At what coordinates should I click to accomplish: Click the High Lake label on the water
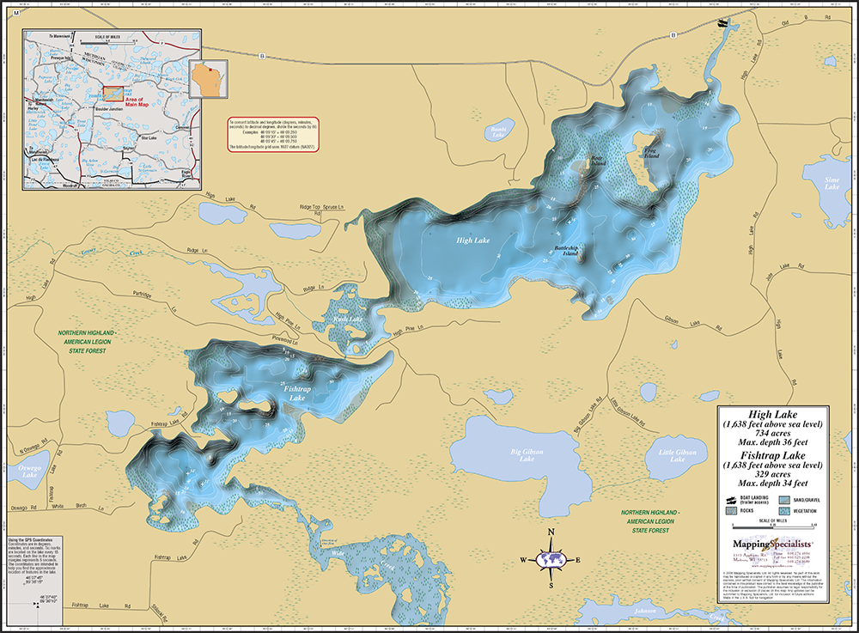(473, 240)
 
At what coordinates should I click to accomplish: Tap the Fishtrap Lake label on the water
(296, 393)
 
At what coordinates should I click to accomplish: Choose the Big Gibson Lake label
(527, 455)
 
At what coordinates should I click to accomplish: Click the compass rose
(551, 559)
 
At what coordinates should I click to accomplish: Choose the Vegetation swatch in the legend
(786, 509)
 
